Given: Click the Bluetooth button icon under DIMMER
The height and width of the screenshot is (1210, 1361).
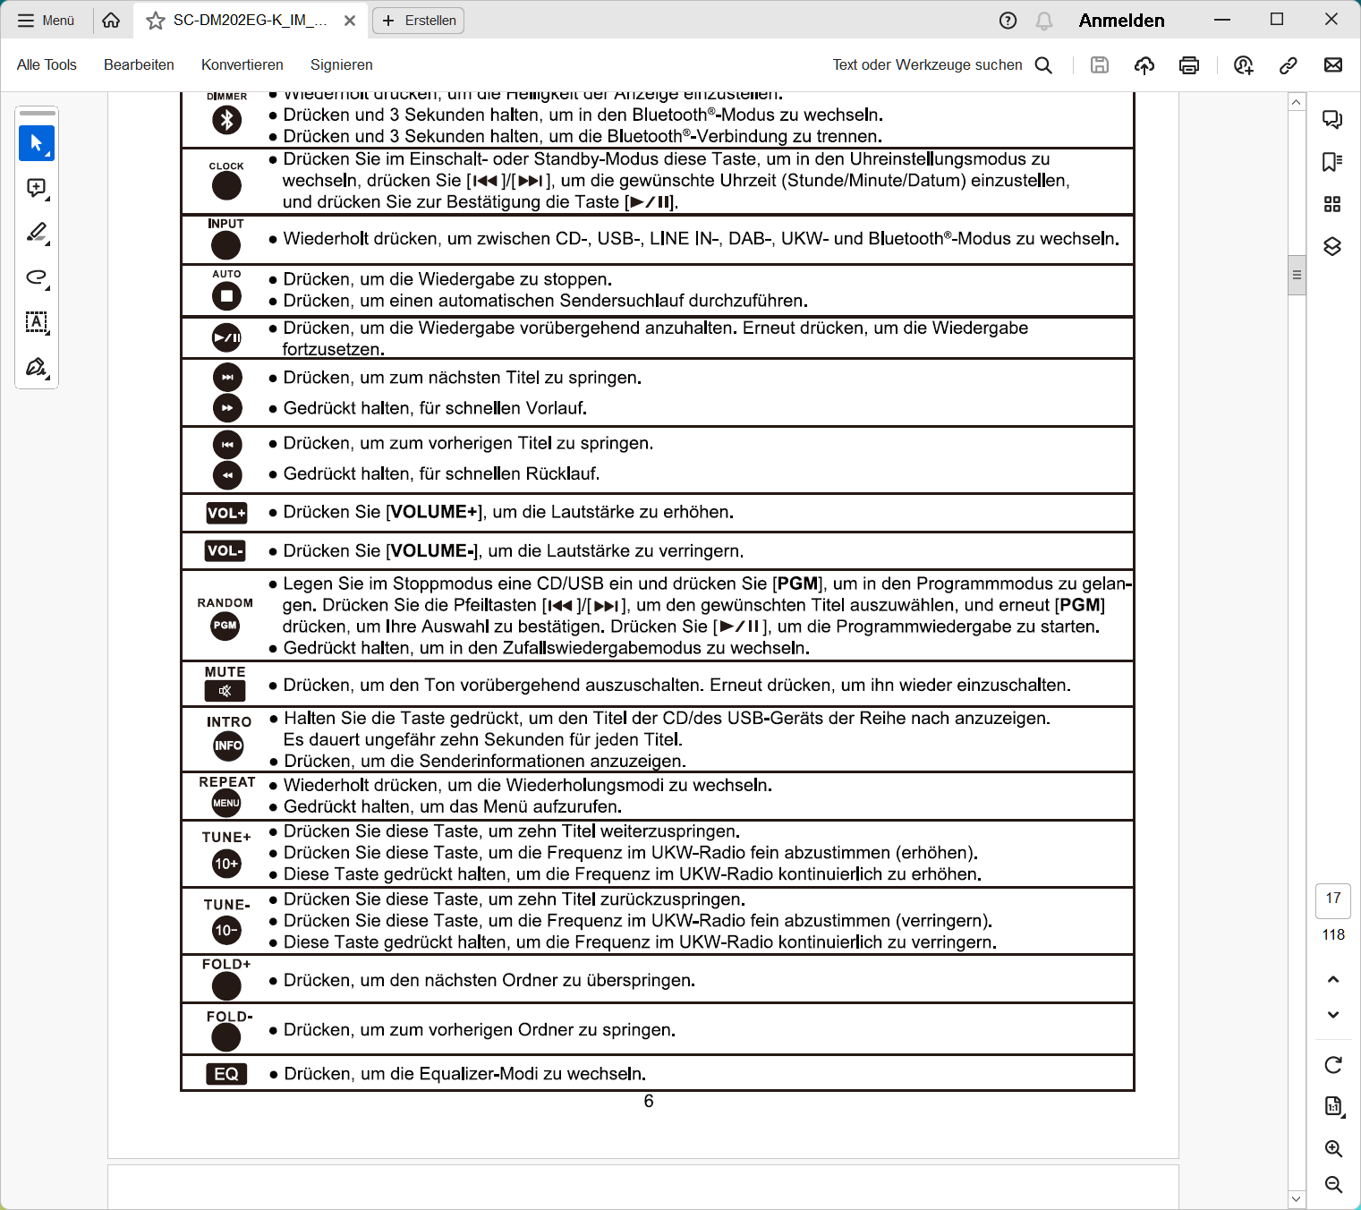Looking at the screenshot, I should pos(226,120).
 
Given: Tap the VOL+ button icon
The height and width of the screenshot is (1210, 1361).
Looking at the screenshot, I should pos(226,513).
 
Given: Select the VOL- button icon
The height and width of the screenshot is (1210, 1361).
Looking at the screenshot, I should pos(225,550).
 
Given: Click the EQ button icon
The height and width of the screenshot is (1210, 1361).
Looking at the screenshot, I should pos(226,1074).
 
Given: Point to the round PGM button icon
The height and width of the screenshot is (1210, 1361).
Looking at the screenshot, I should pos(225,626).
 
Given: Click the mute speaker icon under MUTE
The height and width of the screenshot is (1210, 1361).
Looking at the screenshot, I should pos(225,691).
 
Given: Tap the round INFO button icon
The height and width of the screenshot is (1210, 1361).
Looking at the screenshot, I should pos(228,746).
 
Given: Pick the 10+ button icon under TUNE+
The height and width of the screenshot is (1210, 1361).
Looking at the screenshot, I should pos(226,864).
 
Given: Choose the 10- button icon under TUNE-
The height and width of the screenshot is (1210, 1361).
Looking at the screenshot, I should pos(226,931).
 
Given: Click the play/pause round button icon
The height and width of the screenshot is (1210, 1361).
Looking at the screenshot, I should pos(226,337).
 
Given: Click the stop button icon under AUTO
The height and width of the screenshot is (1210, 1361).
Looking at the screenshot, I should pos(226,295).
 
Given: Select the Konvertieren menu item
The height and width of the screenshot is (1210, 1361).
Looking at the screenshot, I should pos(242,64).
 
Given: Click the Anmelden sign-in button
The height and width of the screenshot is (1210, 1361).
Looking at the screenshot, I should pos(1121,21).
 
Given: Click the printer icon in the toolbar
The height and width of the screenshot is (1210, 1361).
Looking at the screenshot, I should pos(1189,64).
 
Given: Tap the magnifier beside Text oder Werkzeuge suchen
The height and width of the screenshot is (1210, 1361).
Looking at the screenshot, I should pos(1043,64).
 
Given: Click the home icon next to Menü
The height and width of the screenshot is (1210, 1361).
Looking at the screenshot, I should pos(111,21).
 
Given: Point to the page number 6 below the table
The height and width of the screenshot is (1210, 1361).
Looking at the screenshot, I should pos(649,1102).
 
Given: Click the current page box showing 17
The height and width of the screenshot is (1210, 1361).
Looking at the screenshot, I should pos(1333,899).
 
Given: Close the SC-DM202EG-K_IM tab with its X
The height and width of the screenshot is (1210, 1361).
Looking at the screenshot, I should pos(350,21).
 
